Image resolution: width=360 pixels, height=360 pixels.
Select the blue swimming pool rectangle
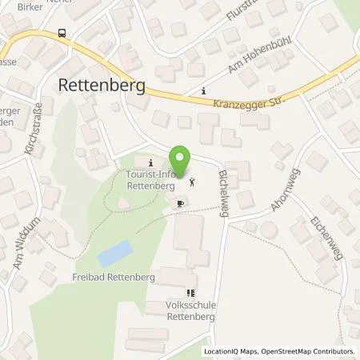112,254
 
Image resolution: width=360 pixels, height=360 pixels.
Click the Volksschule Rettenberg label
190,309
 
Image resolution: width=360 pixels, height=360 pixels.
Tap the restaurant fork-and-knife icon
190,294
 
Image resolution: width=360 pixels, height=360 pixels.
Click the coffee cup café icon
180,204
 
